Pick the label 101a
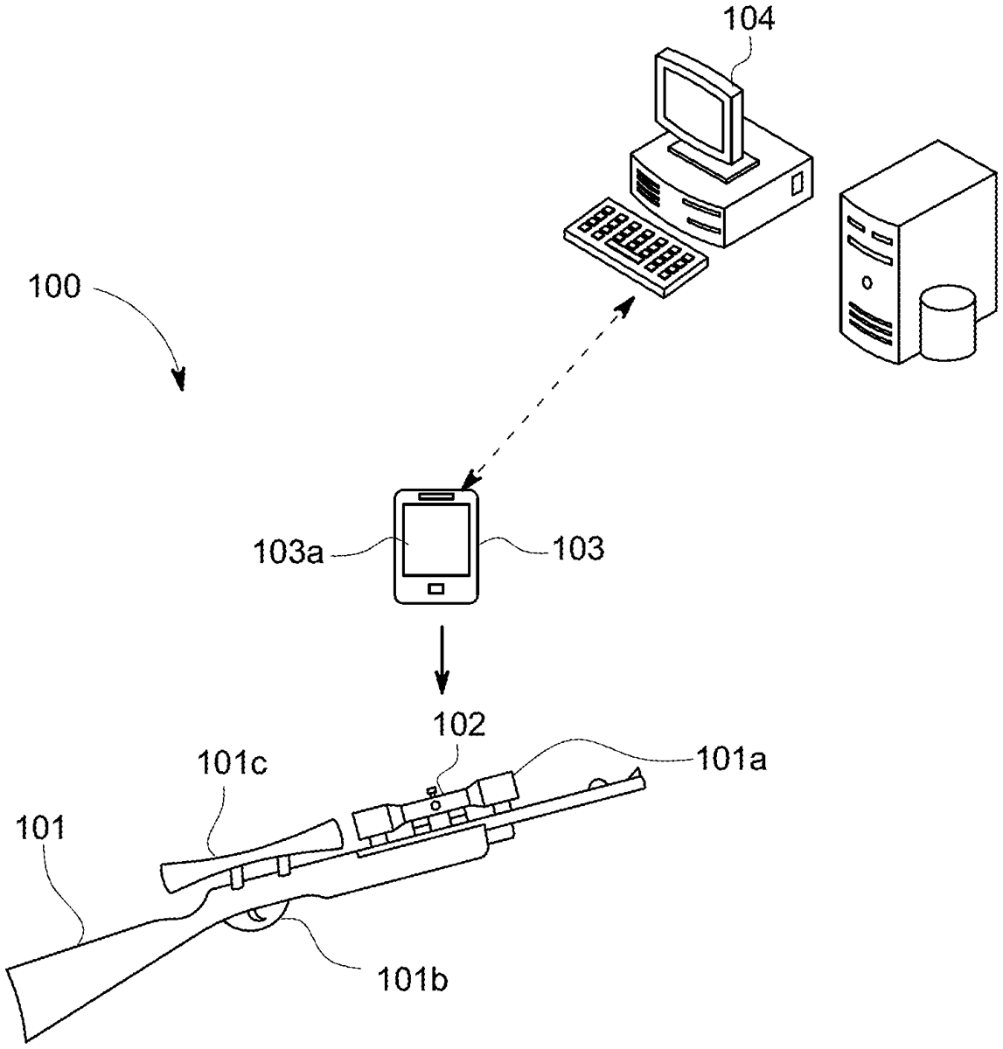point(731,761)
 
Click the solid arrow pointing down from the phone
point(442,656)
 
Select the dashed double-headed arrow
point(548,392)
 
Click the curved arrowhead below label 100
point(179,378)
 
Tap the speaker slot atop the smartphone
point(437,497)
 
